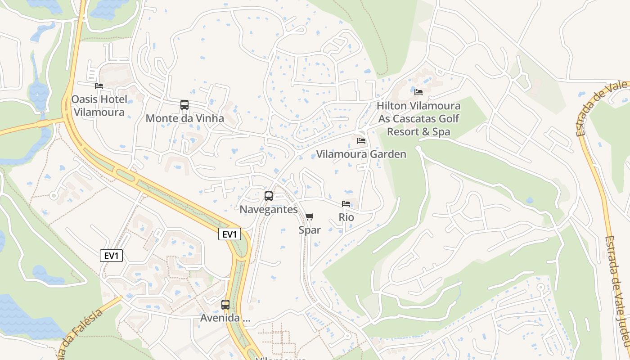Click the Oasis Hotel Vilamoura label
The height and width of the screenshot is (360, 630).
click(99, 106)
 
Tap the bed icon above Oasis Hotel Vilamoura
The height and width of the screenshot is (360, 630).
click(99, 85)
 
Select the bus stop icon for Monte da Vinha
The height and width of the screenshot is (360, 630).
click(184, 105)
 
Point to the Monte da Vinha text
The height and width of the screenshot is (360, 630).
click(184, 119)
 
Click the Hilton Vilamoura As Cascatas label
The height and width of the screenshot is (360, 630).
click(418, 119)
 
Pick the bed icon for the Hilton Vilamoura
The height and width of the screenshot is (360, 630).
click(418, 92)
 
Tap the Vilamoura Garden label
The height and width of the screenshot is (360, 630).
click(361, 154)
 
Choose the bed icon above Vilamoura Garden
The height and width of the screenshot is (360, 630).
click(361, 141)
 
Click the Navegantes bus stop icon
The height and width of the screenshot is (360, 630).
click(269, 196)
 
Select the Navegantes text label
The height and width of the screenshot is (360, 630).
click(269, 210)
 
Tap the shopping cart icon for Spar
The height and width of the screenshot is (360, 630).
click(309, 217)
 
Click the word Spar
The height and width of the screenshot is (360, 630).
click(310, 230)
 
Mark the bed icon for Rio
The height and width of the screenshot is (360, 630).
click(346, 204)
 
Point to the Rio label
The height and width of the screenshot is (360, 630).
click(346, 217)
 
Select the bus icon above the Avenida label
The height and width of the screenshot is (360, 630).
click(225, 305)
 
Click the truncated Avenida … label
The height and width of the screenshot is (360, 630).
click(225, 318)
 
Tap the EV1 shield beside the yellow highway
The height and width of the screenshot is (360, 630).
click(229, 234)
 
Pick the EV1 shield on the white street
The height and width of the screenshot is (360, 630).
click(111, 256)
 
